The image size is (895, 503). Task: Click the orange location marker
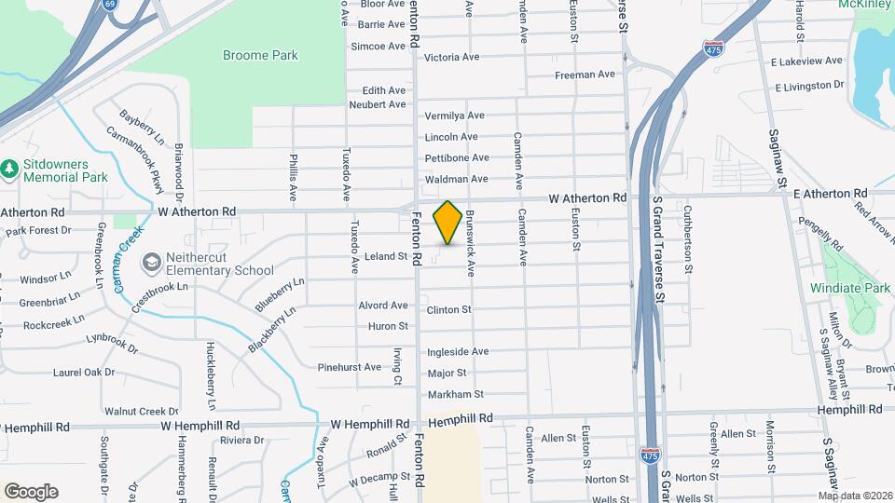447,223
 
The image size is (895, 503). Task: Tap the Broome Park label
260,56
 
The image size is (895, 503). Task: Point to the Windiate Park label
850,289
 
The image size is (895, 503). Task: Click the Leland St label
386,256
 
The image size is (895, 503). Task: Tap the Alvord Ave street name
383,306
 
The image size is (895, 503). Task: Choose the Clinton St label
449,309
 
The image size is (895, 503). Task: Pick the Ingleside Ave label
458,352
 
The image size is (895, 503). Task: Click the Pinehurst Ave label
350,367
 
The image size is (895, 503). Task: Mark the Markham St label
455,395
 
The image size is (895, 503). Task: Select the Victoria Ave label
451,58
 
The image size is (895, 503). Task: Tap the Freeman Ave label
585,75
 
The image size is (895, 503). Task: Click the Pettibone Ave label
457,158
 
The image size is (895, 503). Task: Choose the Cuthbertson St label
688,238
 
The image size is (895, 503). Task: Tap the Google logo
31,492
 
